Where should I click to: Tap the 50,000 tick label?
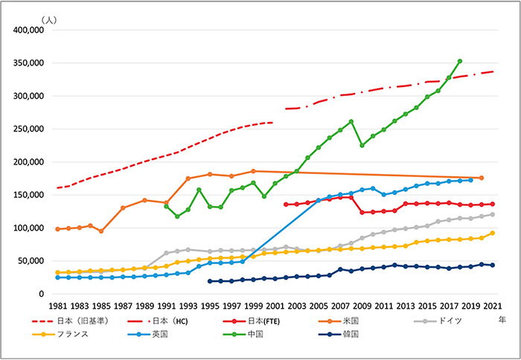click(32, 261)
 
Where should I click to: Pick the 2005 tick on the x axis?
click(318, 306)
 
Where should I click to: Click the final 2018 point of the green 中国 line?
click(460, 61)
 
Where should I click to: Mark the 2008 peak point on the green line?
click(351, 121)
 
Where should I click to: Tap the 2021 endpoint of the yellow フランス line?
click(492, 233)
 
